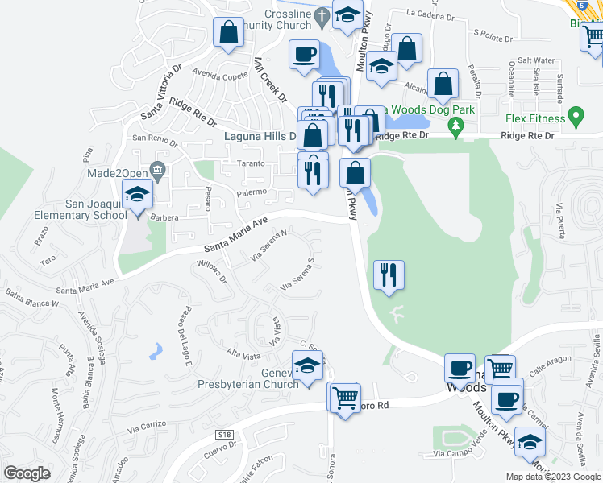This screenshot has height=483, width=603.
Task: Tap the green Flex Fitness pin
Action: [575, 118]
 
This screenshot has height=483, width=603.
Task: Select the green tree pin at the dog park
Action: [456, 125]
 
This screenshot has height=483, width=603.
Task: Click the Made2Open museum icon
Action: [157, 170]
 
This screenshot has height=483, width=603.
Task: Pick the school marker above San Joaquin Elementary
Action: [137, 194]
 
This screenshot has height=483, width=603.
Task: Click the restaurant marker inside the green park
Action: [389, 276]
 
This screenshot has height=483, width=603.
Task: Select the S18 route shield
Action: [225, 435]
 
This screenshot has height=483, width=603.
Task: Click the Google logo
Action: [27, 473]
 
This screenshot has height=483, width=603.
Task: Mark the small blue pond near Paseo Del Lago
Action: [156, 350]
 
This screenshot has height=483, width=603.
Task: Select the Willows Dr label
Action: [213, 273]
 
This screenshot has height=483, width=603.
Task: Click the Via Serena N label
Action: [268, 246]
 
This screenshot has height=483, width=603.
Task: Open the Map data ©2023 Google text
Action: [552, 477]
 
